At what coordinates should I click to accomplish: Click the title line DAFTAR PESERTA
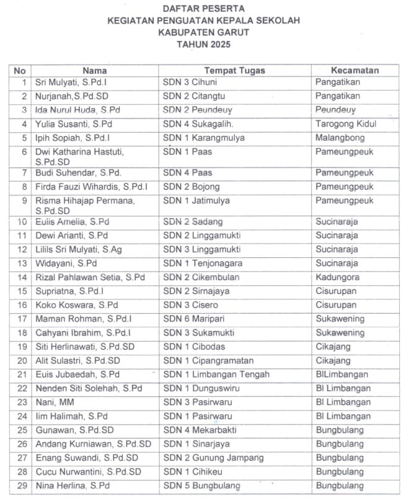(203, 8)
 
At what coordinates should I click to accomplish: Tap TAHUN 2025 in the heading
(203, 45)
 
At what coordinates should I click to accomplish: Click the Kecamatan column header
(355, 70)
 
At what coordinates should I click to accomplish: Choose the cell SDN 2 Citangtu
(194, 96)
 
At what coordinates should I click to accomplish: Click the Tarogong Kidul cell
(346, 123)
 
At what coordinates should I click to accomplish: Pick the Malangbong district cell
(340, 137)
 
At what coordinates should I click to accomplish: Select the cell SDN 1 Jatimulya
(196, 200)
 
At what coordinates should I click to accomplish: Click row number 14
(22, 277)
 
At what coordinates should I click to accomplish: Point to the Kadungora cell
(337, 277)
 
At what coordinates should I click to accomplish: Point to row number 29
(22, 485)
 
